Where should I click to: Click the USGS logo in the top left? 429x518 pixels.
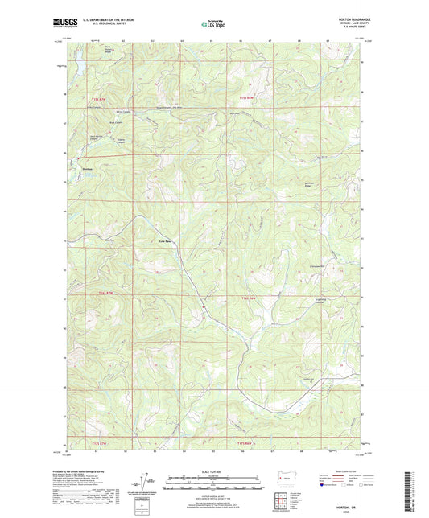65,23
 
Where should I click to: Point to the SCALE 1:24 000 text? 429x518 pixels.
213,471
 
